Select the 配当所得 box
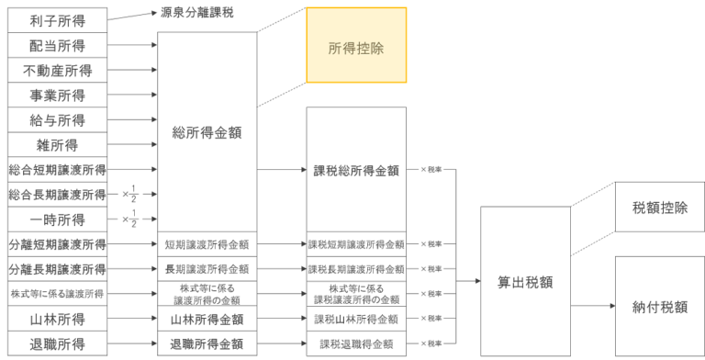pyautogui.click(x=56, y=44)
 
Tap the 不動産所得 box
pyautogui.click(x=56, y=70)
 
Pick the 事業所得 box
pyautogui.click(x=56, y=96)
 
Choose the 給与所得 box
pyautogui.click(x=56, y=120)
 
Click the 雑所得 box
pyautogui.click(x=56, y=145)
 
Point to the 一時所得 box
pyautogui.click(x=56, y=219)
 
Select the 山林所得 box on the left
pyautogui.click(x=56, y=319)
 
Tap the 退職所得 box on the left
pyautogui.click(x=56, y=344)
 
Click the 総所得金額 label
pyautogui.click(x=207, y=132)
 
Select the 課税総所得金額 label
pyautogui.click(x=356, y=170)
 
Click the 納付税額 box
pyautogui.click(x=660, y=307)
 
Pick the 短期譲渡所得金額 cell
pyautogui.click(x=207, y=244)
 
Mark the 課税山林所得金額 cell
pyautogui.click(x=356, y=319)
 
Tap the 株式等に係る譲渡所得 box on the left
pyautogui.click(x=56, y=294)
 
